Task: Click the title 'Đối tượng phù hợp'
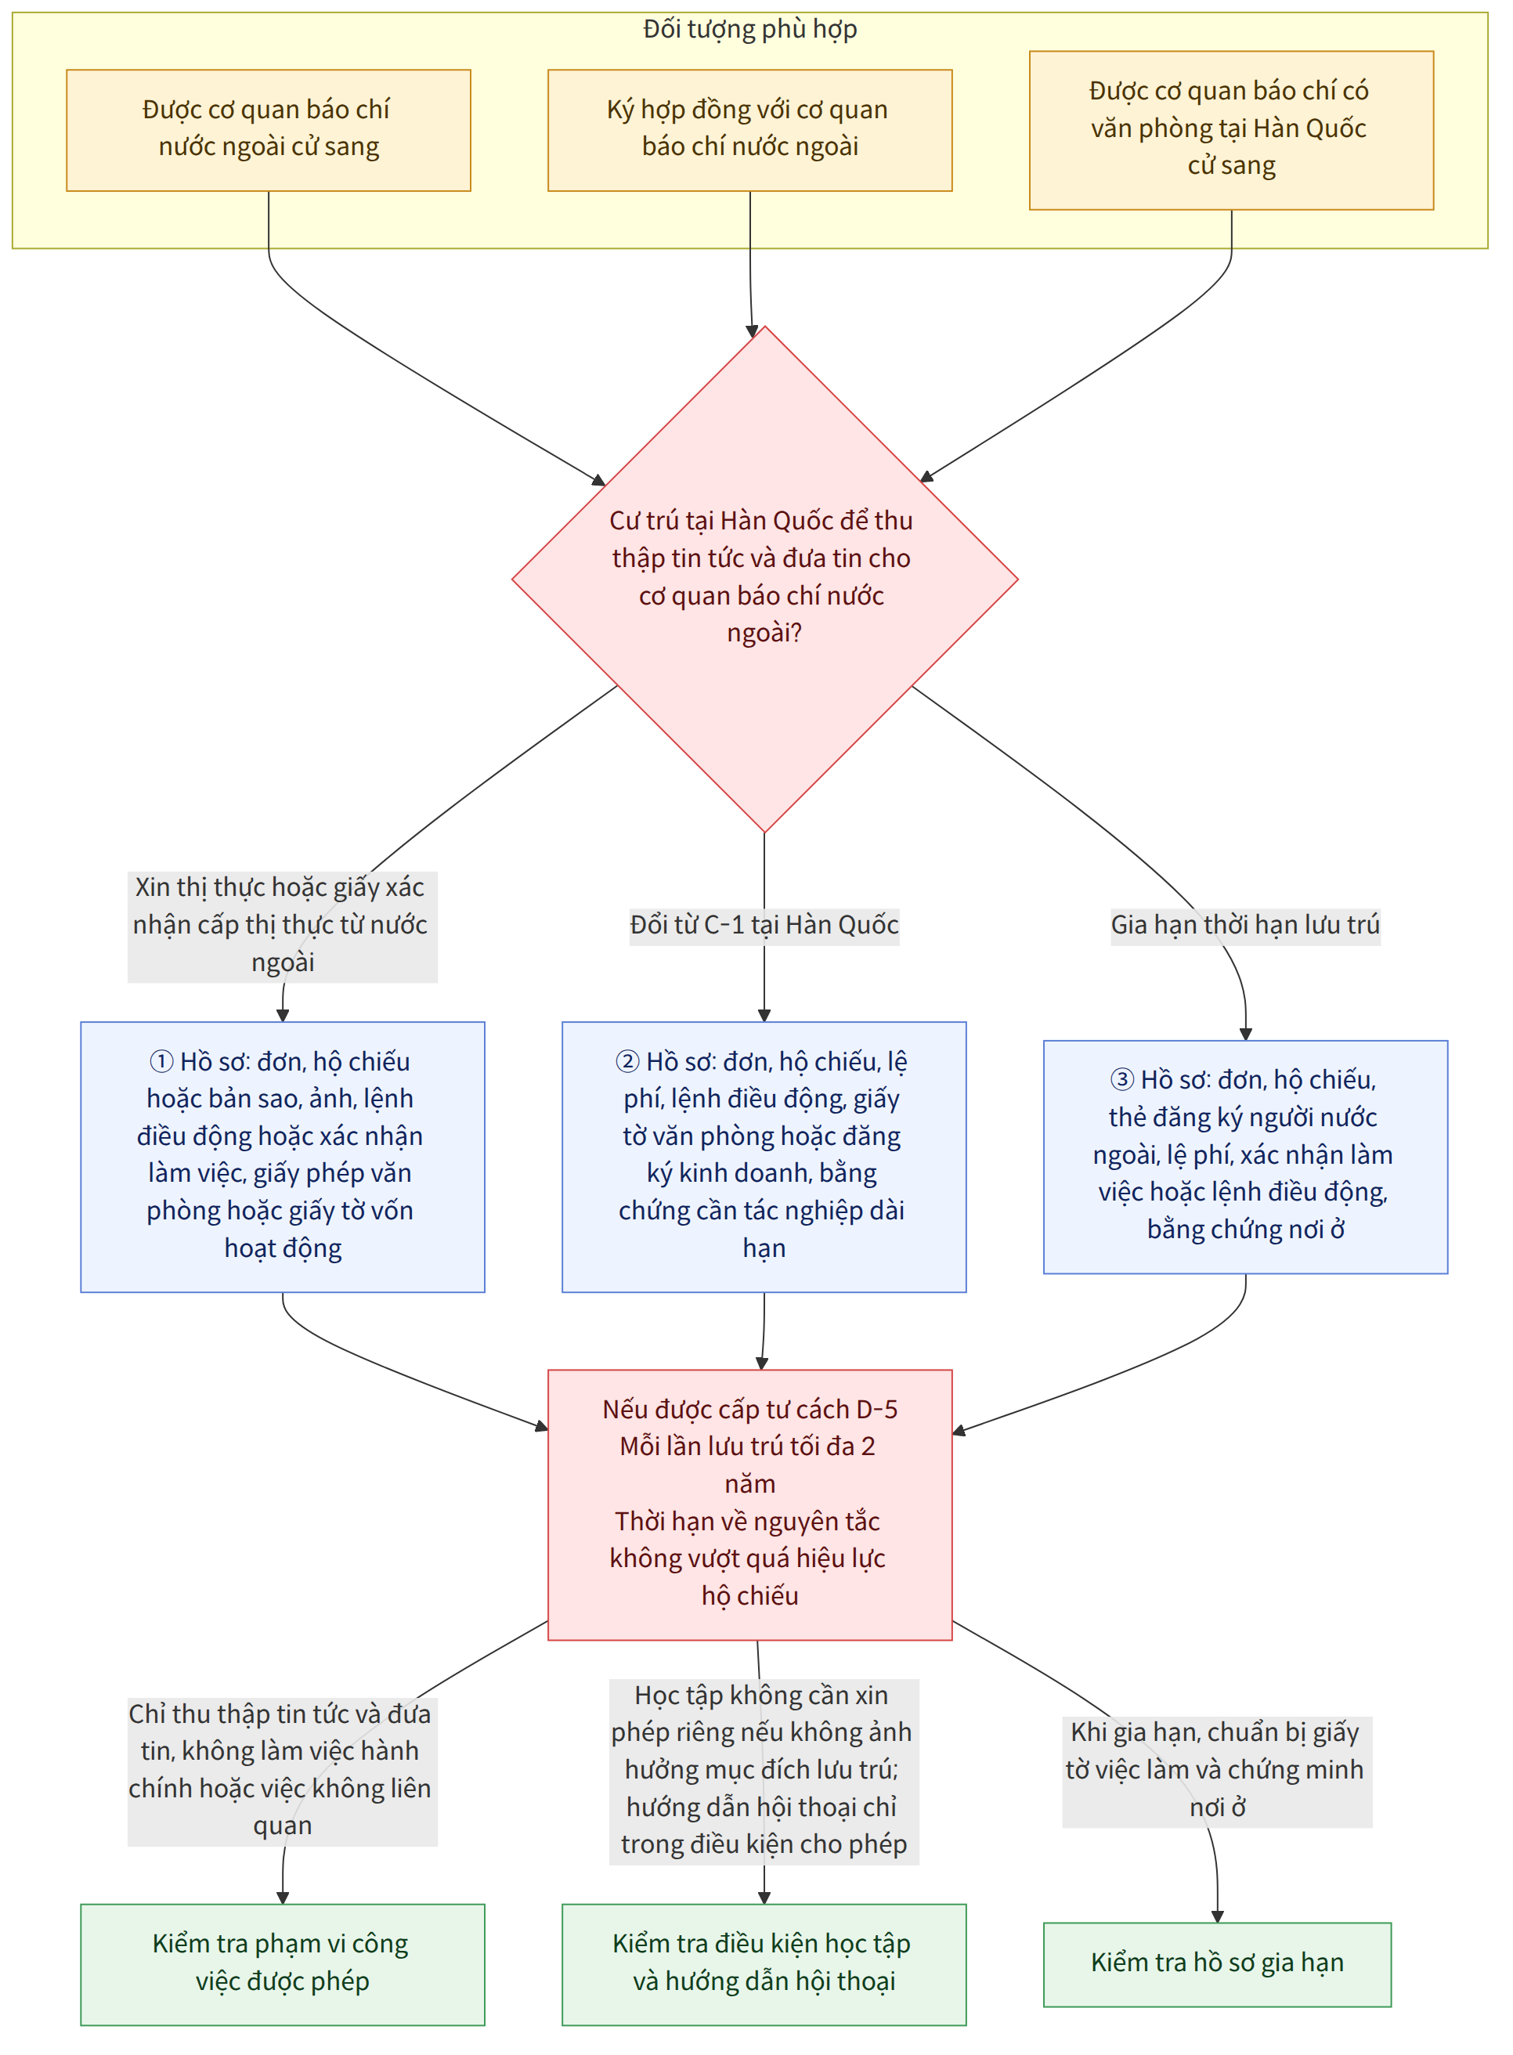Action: pyautogui.click(x=750, y=29)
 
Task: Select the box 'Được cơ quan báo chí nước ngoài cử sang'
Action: pyautogui.click(x=269, y=130)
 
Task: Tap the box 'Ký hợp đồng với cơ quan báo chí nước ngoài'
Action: pyautogui.click(x=750, y=130)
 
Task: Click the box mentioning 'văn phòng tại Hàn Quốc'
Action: pyautogui.click(x=1231, y=130)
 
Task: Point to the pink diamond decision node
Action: pyautogui.click(x=765, y=579)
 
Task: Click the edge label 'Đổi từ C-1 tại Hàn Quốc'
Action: pyautogui.click(x=765, y=924)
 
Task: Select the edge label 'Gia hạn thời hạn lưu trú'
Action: pyautogui.click(x=1246, y=924)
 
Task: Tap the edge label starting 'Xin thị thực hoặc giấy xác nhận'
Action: pyautogui.click(x=282, y=924)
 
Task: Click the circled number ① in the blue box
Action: pyautogui.click(x=161, y=1061)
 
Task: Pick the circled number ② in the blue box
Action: pyautogui.click(x=627, y=1061)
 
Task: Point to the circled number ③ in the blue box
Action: pyautogui.click(x=1122, y=1080)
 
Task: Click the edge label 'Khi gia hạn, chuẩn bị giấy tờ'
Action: pyautogui.click(x=1217, y=1769)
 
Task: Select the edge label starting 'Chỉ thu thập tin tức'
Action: pyautogui.click(x=282, y=1769)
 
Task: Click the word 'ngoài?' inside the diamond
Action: pyautogui.click(x=765, y=633)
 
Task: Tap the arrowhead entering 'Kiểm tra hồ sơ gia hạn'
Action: pyautogui.click(x=1217, y=1916)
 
